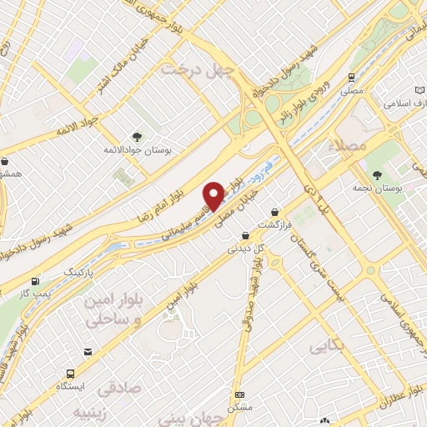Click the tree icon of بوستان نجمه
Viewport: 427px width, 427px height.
378,173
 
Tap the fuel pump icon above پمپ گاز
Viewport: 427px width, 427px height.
34,282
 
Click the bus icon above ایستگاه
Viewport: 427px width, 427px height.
65,374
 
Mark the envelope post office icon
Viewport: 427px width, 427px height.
324,421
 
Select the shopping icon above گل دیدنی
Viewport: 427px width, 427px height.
245,236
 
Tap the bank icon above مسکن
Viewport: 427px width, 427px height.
240,395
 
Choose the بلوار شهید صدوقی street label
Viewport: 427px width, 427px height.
257,279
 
